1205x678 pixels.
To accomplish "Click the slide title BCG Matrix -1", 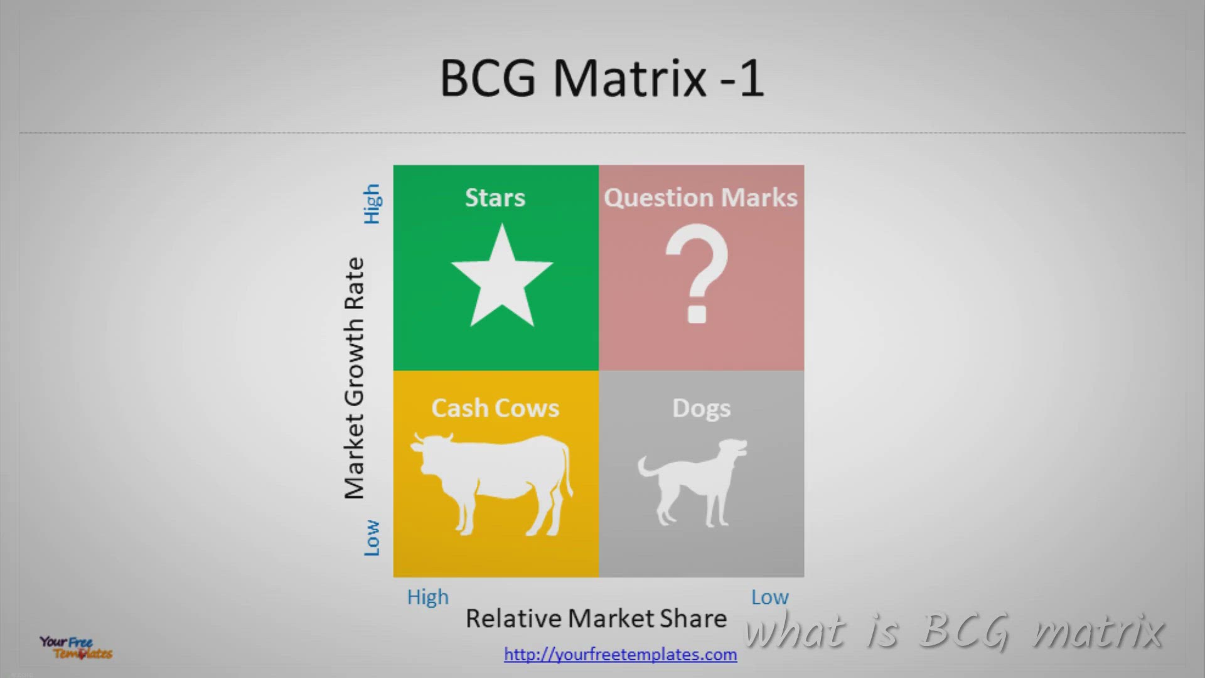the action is (602, 78).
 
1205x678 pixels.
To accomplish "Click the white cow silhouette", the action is (491, 482).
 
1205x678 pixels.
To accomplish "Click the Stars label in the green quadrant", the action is (495, 198).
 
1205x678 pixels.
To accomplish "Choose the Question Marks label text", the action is (700, 198).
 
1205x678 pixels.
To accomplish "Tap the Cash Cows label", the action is (495, 408).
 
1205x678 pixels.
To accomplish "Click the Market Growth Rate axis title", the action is (354, 378).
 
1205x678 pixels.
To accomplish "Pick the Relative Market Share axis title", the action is (596, 618).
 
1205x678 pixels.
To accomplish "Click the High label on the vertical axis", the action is (372, 204).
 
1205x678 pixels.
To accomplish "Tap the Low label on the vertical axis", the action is (372, 537).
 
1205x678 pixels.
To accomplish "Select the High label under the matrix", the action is (428, 597).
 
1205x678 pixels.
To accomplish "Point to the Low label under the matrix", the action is (770, 597).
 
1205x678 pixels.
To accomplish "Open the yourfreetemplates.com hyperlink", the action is (621, 654).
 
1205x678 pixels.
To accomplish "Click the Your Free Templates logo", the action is (76, 647).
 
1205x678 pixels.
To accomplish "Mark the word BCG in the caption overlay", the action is (965, 631).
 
